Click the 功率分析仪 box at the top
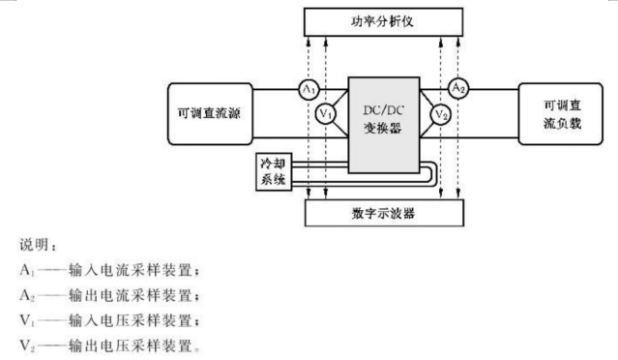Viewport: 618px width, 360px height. tap(383, 21)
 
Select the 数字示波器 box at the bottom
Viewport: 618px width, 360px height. tap(384, 213)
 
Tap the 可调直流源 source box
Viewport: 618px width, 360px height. tap(210, 113)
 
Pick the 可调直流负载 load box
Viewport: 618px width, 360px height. tap(561, 113)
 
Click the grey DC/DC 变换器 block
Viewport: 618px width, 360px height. tap(384, 125)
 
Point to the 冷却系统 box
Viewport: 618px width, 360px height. tap(274, 171)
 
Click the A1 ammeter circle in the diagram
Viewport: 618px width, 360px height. tap(309, 89)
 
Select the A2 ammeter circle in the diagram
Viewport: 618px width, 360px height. tap(458, 88)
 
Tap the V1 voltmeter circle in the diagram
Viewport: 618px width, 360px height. tap(326, 114)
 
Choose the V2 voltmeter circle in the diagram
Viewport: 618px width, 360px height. tap(441, 115)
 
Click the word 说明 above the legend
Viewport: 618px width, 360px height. tap(34, 245)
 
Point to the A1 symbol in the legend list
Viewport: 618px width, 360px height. tap(27, 271)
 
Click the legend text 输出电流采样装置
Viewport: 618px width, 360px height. tap(131, 295)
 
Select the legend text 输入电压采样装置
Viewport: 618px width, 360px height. tap(131, 320)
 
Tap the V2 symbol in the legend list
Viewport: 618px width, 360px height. tap(27, 345)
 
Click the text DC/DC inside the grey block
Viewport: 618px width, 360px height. tap(384, 110)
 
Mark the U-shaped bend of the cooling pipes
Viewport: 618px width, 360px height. tap(432, 174)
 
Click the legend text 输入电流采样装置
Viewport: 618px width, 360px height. tap(131, 271)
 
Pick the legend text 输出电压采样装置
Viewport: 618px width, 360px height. tap(131, 345)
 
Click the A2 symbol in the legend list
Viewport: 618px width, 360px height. tap(27, 295)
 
